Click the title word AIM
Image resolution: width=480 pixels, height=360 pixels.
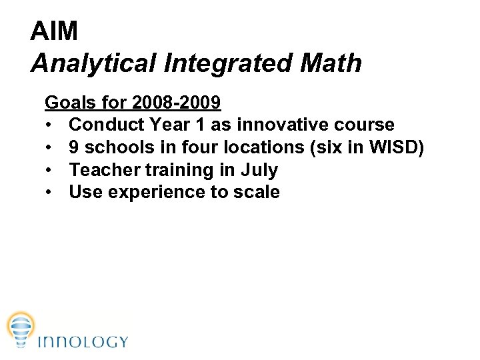(x=54, y=31)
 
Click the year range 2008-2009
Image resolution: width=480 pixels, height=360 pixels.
(x=177, y=103)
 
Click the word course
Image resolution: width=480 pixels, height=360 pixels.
(x=365, y=125)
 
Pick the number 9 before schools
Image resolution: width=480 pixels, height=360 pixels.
(x=74, y=147)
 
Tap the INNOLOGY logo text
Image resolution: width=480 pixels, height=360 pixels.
(x=83, y=342)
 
